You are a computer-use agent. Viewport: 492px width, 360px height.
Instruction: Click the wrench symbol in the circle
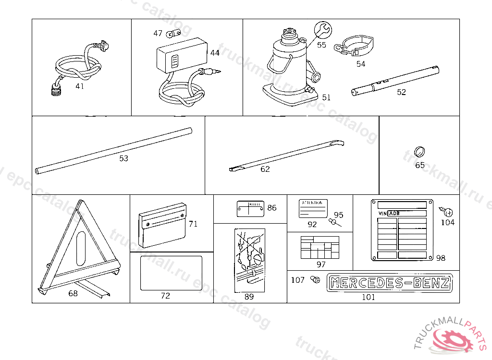point(323,30)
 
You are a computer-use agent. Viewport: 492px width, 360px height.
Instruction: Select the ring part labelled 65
point(419,152)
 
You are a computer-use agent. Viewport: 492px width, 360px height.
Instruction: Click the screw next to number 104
point(448,212)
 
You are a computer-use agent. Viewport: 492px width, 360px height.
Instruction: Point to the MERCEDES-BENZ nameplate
point(390,283)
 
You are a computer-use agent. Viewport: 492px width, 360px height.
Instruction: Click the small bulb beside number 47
point(172,34)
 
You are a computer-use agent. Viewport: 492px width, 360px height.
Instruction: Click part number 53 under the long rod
point(123,158)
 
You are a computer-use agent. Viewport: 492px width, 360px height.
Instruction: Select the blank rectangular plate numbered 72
point(171,273)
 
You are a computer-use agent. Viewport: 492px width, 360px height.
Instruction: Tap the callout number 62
point(265,169)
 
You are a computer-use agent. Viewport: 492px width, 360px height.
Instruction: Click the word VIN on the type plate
point(382,213)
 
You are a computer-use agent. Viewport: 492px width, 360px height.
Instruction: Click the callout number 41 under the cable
point(80,86)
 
